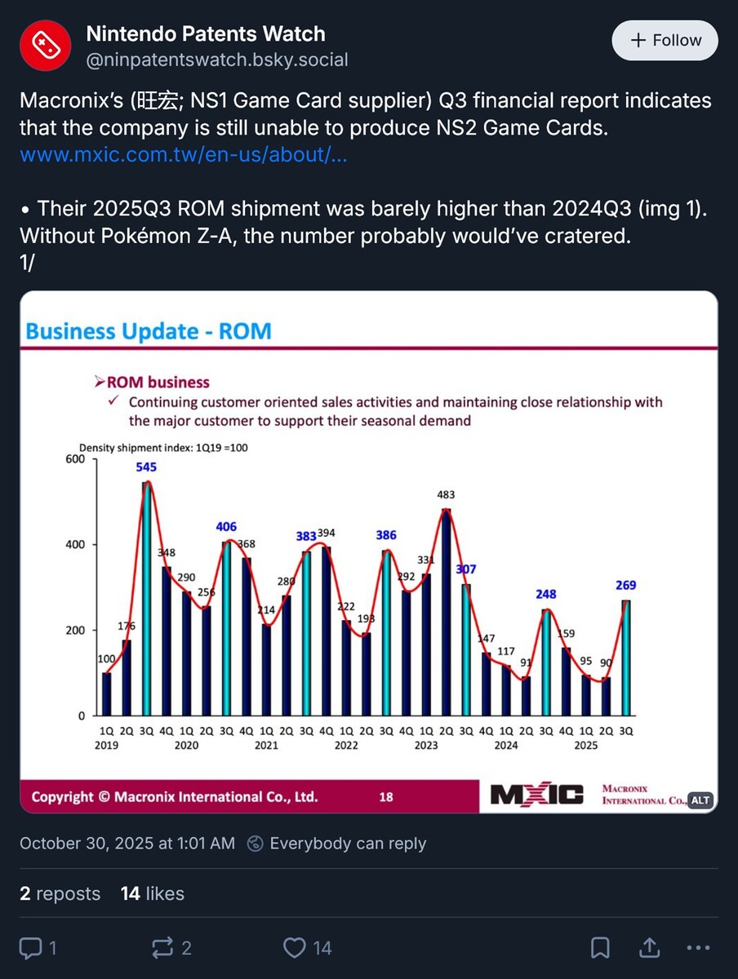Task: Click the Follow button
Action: [x=665, y=40]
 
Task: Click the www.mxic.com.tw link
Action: [x=184, y=155]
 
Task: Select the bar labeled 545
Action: [x=147, y=599]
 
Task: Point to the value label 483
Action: [x=446, y=494]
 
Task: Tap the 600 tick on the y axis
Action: [x=75, y=459]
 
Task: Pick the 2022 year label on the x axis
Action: [x=346, y=745]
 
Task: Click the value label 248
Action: [x=546, y=594]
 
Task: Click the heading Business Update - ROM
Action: [x=149, y=331]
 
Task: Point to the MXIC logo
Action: [x=536, y=795]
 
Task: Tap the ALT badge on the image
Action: [x=700, y=800]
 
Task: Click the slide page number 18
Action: [x=385, y=797]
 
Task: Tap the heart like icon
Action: [x=294, y=947]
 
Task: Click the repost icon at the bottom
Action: [x=162, y=947]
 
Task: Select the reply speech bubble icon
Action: [x=30, y=947]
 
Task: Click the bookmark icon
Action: [x=600, y=947]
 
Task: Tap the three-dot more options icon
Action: [x=699, y=947]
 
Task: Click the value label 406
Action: [x=226, y=527]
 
